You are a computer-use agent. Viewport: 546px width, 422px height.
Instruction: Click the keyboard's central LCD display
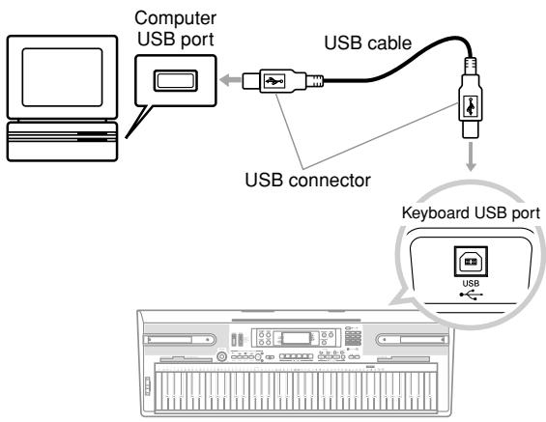pyautogui.click(x=292, y=339)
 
